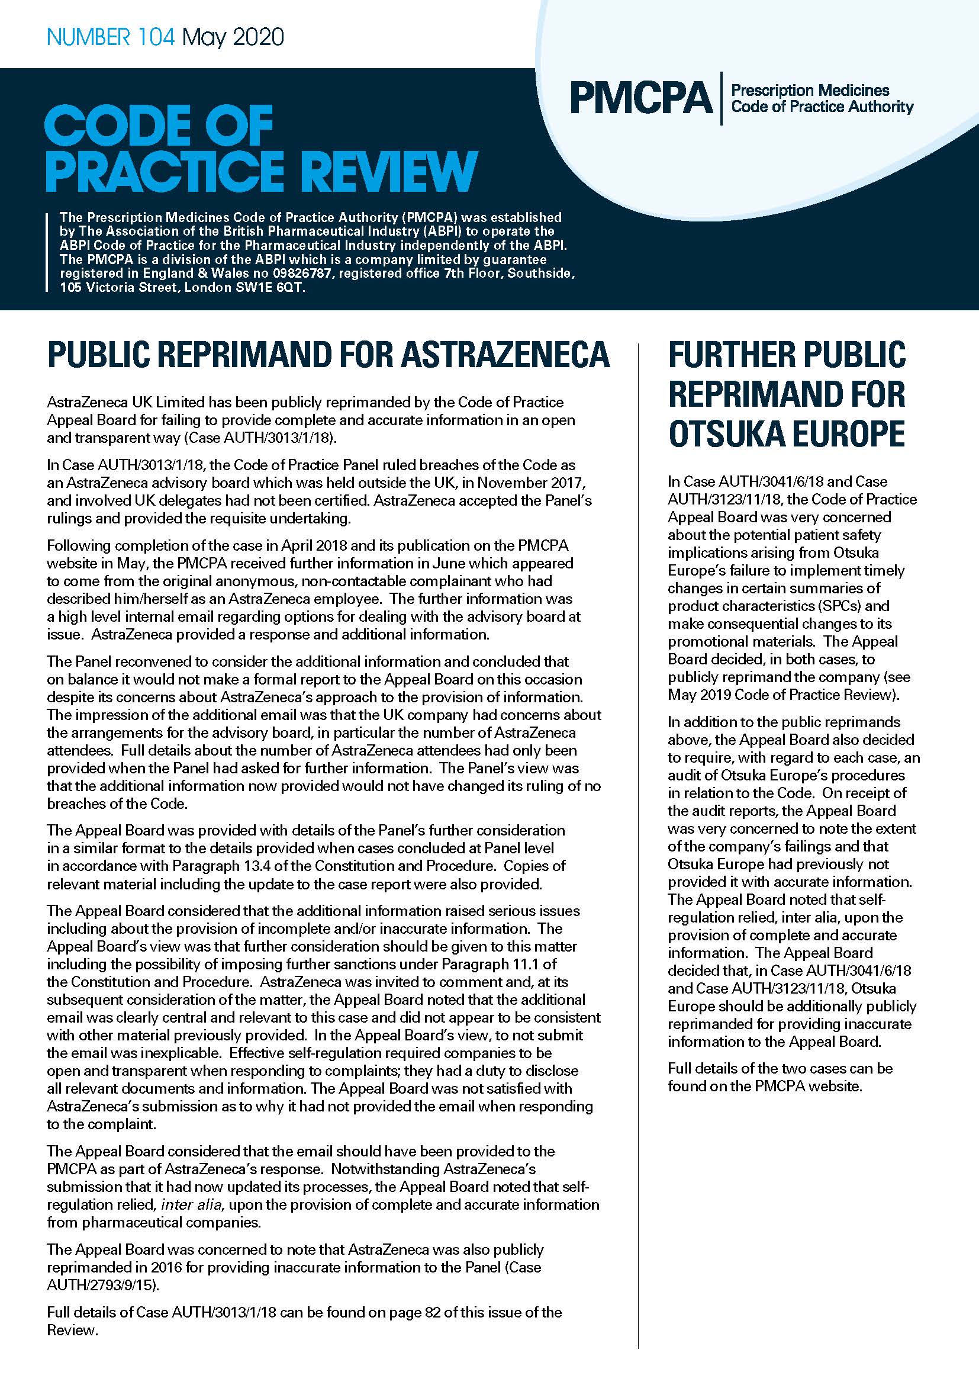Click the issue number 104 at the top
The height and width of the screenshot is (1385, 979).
point(156,37)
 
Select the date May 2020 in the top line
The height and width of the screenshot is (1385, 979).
point(233,37)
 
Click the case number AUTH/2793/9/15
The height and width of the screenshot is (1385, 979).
point(102,1286)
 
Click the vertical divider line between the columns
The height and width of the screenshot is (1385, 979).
point(638,844)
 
